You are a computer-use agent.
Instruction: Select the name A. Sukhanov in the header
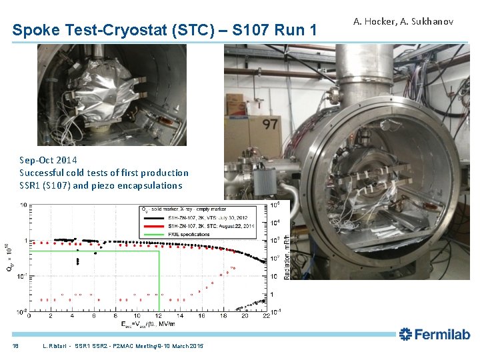(x=429, y=22)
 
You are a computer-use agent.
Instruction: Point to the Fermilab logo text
(x=435, y=335)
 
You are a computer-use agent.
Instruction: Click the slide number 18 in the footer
(x=15, y=346)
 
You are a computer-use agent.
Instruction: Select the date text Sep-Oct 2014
(x=48, y=160)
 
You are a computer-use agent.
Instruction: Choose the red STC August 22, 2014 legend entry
(x=207, y=226)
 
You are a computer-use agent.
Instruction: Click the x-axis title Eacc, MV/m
(x=147, y=324)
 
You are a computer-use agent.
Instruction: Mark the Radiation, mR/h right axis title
(x=287, y=257)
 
